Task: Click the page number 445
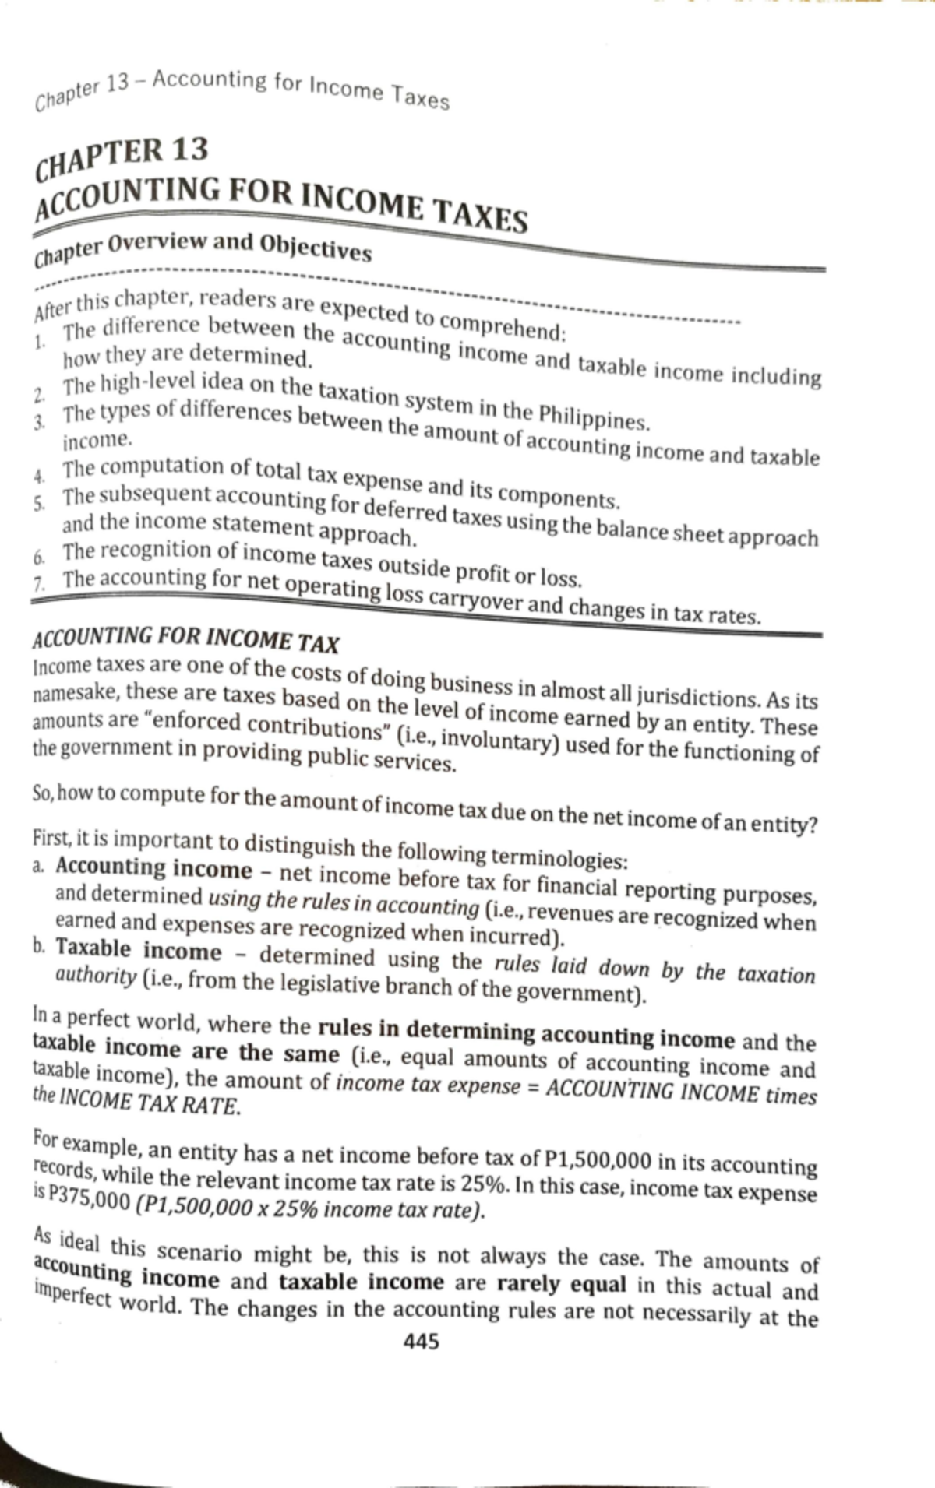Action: (421, 1341)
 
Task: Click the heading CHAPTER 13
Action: (123, 155)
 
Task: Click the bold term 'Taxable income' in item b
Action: (138, 951)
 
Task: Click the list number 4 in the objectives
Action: (38, 474)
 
